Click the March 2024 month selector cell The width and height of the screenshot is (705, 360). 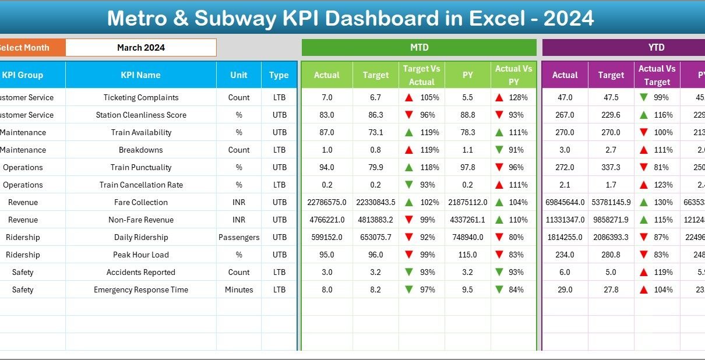click(x=140, y=48)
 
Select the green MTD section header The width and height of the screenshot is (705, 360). click(x=419, y=48)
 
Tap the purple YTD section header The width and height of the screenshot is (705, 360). click(x=656, y=48)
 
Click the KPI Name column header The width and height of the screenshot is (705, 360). click(x=140, y=75)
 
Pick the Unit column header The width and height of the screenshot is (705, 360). click(x=239, y=75)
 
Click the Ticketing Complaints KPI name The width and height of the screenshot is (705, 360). click(x=141, y=97)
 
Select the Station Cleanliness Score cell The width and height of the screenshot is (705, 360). click(x=141, y=115)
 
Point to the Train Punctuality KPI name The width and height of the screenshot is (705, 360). click(x=141, y=167)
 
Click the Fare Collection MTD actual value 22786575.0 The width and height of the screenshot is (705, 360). click(x=327, y=202)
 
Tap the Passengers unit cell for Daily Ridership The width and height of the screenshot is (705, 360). click(x=239, y=237)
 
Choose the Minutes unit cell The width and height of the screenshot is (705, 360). click(x=239, y=290)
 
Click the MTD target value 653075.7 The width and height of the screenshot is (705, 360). click(x=376, y=237)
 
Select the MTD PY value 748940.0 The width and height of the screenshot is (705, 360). click(x=467, y=237)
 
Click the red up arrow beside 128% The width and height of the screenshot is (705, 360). click(x=499, y=98)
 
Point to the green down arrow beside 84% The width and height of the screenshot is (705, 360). click(x=499, y=290)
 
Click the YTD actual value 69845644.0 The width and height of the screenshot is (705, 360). click(x=565, y=202)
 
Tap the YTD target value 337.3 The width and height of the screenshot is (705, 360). click(x=611, y=167)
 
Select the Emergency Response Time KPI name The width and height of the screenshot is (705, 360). click(x=141, y=290)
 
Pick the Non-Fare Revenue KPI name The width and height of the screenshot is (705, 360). click(x=141, y=220)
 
